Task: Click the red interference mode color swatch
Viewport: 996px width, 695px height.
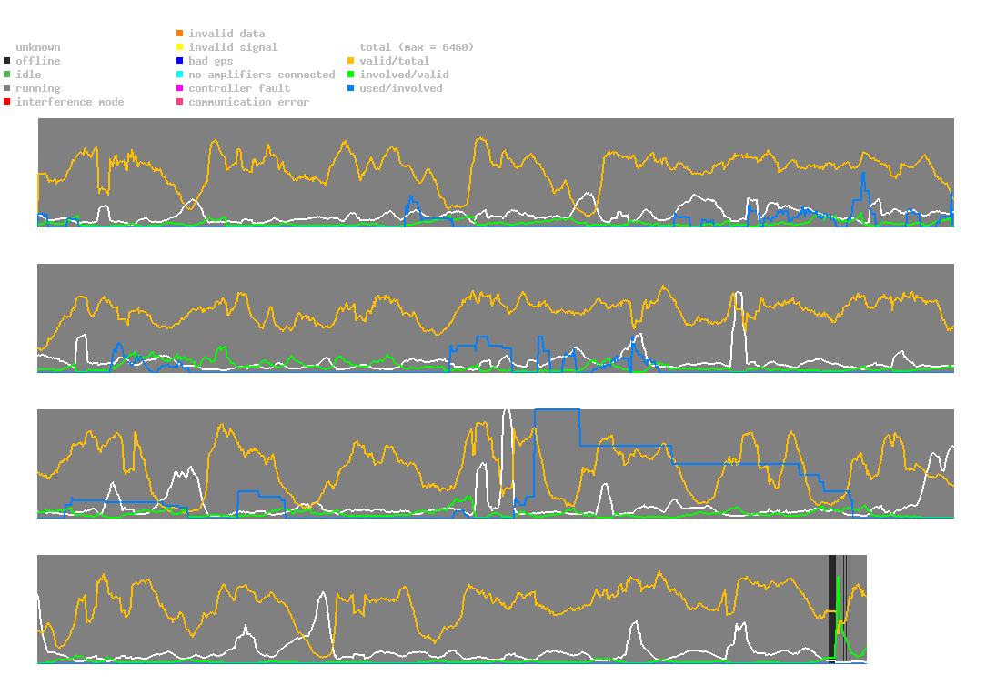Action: (x=7, y=102)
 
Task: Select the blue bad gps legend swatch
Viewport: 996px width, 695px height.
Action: (x=180, y=61)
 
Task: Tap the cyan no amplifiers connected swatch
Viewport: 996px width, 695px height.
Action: (x=180, y=75)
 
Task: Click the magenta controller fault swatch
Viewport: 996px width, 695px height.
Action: (x=180, y=88)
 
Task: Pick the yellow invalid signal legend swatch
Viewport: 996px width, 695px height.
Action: (x=180, y=47)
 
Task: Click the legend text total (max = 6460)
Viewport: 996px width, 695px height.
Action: (x=417, y=47)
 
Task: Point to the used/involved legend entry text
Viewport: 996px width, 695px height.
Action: (x=401, y=88)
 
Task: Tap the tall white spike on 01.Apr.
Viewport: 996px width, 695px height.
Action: (x=738, y=318)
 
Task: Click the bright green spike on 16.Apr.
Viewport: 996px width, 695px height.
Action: (x=839, y=600)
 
